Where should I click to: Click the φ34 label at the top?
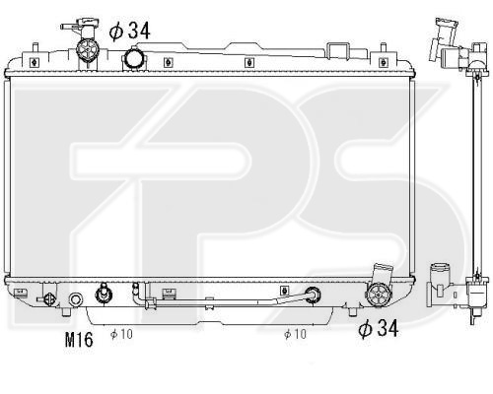pyautogui.click(x=130, y=32)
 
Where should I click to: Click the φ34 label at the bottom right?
pyautogui.click(x=379, y=328)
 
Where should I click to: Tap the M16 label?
pyautogui.click(x=79, y=340)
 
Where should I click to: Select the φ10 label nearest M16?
pyautogui.click(x=121, y=334)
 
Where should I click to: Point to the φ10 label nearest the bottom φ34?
pyautogui.click(x=295, y=334)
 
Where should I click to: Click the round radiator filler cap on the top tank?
pyautogui.click(x=134, y=59)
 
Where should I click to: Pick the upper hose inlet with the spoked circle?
pyautogui.click(x=88, y=50)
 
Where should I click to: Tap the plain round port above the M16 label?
pyautogui.click(x=76, y=299)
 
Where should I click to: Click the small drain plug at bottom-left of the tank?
pyautogui.click(x=48, y=299)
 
